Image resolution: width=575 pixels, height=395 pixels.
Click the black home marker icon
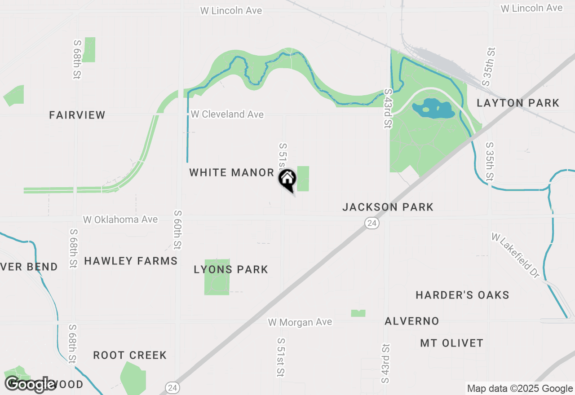pos(287,180)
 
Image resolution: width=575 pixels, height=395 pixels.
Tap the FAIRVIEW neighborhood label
pos(77,115)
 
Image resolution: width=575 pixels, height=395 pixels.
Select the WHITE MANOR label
pos(231,173)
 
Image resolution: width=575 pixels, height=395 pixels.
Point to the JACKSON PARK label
pos(388,207)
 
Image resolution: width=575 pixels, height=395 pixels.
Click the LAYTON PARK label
pos(518,103)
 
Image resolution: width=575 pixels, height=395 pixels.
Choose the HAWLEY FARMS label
pos(131,261)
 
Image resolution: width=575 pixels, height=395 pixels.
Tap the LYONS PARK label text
pos(231,270)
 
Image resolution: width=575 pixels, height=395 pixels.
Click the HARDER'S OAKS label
pos(462,295)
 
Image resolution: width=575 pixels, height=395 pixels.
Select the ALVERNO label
pos(411,321)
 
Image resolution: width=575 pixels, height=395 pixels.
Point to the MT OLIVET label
pos(451,343)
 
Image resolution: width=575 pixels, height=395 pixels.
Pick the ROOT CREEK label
pos(130,355)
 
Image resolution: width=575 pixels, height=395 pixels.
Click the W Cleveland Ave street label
pos(227,114)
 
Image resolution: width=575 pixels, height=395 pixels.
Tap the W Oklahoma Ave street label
pos(120,219)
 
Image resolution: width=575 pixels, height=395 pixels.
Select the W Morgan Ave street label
pos(300,322)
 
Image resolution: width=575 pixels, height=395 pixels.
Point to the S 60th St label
pos(177,229)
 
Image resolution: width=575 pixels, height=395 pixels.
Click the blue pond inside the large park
pos(433,109)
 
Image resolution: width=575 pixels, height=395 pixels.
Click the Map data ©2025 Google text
pos(520,389)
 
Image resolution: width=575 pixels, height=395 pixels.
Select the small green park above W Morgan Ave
pos(358,313)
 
